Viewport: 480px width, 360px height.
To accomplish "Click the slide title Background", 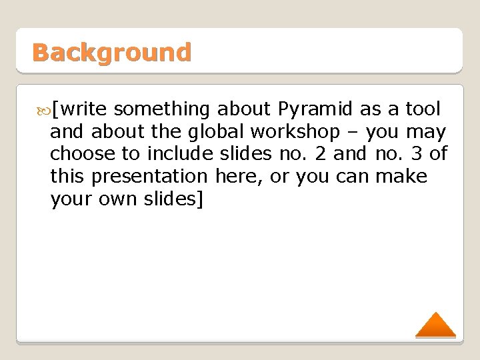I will (111, 52).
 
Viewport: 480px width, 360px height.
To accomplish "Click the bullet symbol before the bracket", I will (44, 109).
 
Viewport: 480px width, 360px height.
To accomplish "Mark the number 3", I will (417, 154).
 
